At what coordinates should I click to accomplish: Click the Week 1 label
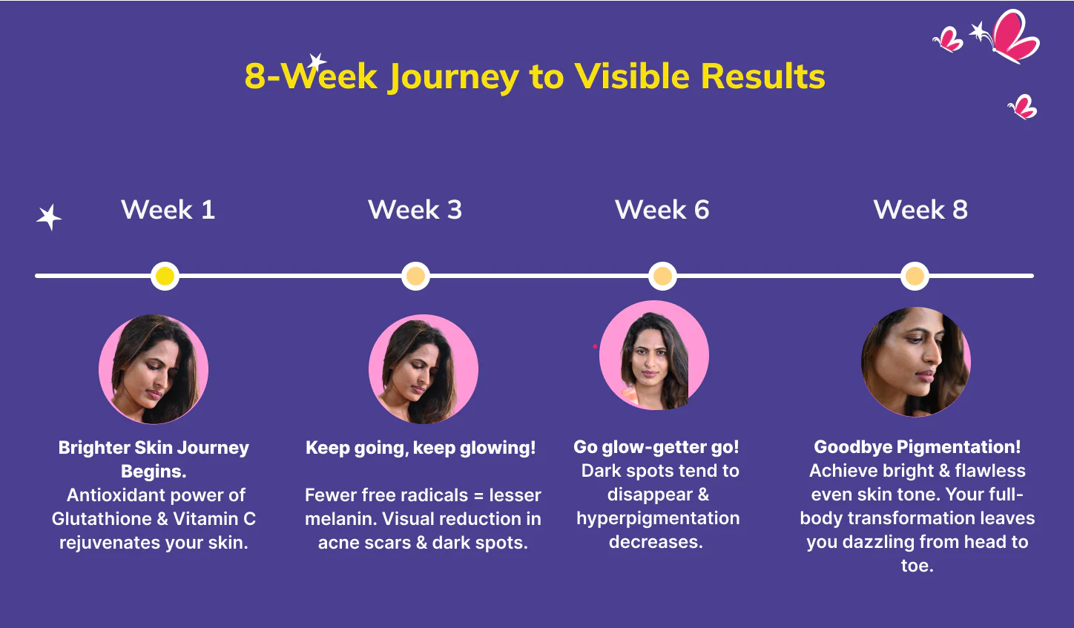point(168,210)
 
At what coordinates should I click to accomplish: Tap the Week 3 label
point(415,210)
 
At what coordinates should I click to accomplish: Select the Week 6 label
point(662,210)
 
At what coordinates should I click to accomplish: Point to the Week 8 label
point(920,210)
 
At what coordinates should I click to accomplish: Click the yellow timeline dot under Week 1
point(165,276)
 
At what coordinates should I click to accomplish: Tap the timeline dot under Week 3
point(415,276)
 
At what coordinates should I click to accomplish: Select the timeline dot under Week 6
point(662,276)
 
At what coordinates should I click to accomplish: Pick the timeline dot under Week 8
point(915,276)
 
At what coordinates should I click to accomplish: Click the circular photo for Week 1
point(154,369)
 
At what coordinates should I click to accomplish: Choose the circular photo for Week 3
point(424,369)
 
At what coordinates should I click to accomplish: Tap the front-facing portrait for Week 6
point(654,355)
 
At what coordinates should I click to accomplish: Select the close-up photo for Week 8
point(916,362)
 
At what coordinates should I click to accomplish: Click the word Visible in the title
point(632,76)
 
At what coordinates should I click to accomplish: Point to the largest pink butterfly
point(1015,36)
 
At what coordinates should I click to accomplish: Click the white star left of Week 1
point(49,217)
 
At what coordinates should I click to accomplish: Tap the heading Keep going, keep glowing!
point(421,448)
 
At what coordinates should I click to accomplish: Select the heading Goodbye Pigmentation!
point(917,447)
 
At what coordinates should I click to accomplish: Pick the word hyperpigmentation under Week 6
point(658,519)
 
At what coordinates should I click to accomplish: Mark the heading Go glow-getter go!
point(656,447)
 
